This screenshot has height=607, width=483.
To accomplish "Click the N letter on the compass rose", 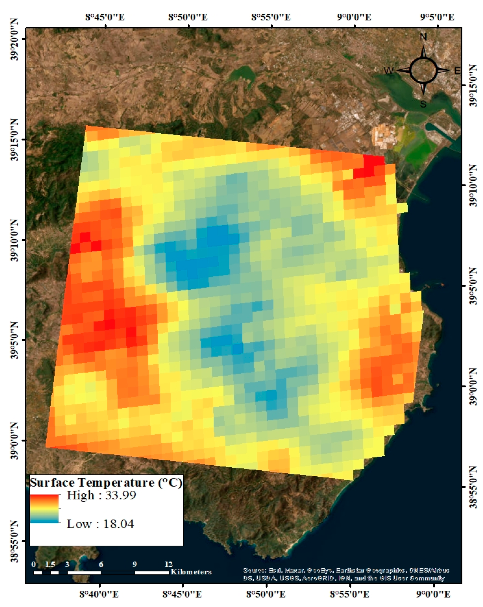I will pyautogui.click(x=423, y=37).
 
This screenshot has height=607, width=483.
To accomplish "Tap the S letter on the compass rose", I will pyautogui.click(x=423, y=104).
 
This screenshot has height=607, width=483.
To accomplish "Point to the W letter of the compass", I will pyautogui.click(x=388, y=71).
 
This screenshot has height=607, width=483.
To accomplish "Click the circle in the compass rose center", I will pyautogui.click(x=423, y=70).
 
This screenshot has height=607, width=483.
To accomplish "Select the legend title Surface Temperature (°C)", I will pyautogui.click(x=106, y=483).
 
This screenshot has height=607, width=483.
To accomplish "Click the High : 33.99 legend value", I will pyautogui.click(x=101, y=496).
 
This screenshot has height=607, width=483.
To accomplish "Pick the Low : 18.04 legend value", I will pyautogui.click(x=100, y=524).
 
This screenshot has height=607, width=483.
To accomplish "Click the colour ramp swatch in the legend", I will pyautogui.click(x=44, y=509).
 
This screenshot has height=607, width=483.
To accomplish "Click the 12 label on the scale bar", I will pyautogui.click(x=168, y=564).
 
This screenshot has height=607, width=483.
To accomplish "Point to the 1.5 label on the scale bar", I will pyautogui.click(x=50, y=564).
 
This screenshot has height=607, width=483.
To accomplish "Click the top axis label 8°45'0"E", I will pyautogui.click(x=105, y=17).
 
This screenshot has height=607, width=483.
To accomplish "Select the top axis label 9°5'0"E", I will pyautogui.click(x=437, y=17).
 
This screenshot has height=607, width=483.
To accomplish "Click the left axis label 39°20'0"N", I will pyautogui.click(x=14, y=39).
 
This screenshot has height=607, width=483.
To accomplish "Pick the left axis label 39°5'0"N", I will pyautogui.click(x=14, y=341).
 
